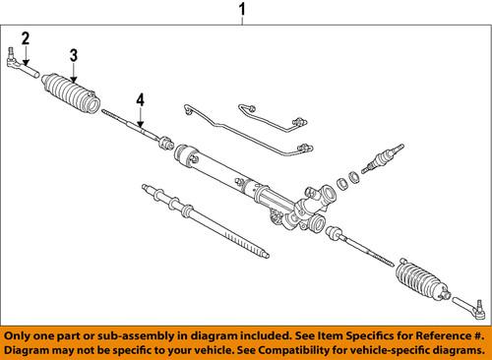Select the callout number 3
[73, 55]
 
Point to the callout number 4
[141, 98]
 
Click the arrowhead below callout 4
[141, 124]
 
